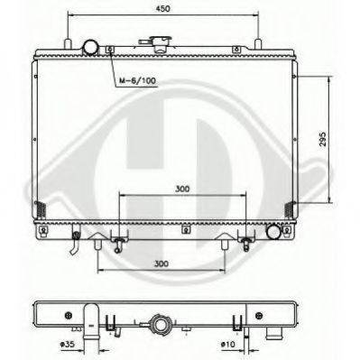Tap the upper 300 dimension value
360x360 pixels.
182,190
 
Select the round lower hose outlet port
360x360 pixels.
272,232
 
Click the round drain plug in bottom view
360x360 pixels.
162,323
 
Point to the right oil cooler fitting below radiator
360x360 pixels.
245,241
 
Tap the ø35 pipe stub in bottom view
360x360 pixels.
90,320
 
